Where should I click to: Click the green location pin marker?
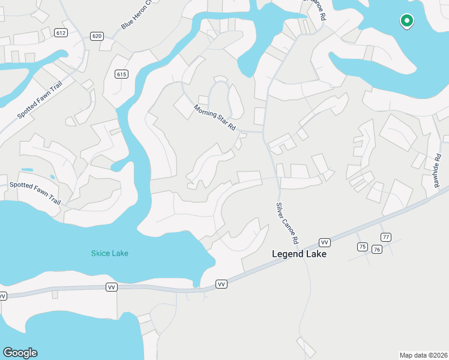pos(406,21)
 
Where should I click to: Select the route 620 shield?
pos(97,36)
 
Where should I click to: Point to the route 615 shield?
pos(121,74)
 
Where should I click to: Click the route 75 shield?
pos(362,247)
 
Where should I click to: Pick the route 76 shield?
pos(377,249)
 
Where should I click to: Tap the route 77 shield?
pos(386,238)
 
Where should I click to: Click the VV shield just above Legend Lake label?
pos(325,242)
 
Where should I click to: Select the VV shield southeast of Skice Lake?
pos(221,284)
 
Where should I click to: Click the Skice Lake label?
pos(110,253)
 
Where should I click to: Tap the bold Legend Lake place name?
pos(299,254)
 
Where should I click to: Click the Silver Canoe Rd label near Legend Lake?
pos(288,223)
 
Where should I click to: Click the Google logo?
pos(20,353)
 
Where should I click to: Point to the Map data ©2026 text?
pos(423,355)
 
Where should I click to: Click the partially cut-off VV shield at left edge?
pos(2,296)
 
